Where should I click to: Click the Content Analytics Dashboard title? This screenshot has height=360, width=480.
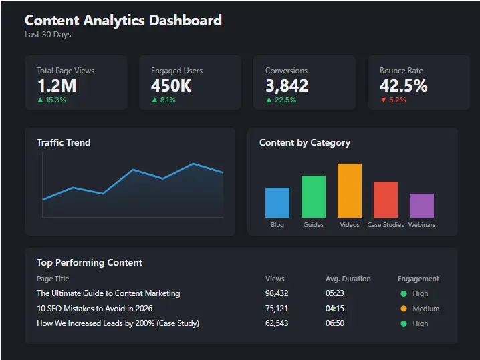pos(123,20)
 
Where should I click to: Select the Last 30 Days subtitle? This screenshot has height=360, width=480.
pos(47,35)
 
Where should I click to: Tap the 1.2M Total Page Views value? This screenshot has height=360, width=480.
pos(57,85)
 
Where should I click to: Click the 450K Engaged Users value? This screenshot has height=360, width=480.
pos(171,85)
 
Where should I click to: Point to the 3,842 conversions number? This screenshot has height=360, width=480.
pos(287,85)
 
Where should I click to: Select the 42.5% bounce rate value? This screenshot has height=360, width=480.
pos(403,85)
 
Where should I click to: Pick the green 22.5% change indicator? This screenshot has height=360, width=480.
pos(281,100)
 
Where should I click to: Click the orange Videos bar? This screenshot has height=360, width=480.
pos(350,190)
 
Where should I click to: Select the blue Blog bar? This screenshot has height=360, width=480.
pos(277,202)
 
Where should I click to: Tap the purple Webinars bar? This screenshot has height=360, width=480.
pos(422,206)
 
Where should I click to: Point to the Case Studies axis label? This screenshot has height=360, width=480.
pos(386,225)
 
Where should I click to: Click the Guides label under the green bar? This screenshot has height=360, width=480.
pos(314,225)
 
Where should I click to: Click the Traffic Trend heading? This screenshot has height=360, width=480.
pos(64,142)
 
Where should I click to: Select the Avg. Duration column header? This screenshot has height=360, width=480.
pos(348,279)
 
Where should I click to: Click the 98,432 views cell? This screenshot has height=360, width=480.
pos(277,293)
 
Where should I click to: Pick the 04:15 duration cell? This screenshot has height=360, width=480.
pos(335,309)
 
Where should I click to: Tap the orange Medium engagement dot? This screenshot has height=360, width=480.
pos(404,309)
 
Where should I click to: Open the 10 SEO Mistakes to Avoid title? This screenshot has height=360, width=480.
pos(94,309)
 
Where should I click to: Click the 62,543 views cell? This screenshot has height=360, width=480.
pos(277,323)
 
